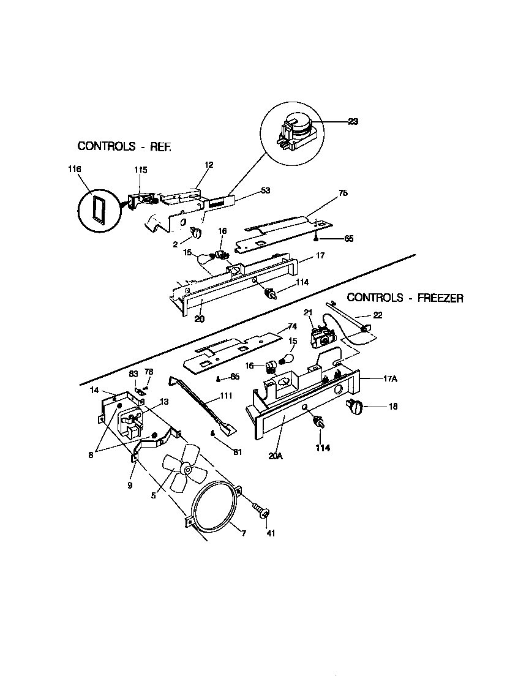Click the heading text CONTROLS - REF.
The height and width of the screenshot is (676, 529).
pyautogui.click(x=124, y=146)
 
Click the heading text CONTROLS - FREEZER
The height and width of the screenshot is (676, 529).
pyautogui.click(x=405, y=298)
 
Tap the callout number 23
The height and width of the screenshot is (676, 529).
pyautogui.click(x=353, y=122)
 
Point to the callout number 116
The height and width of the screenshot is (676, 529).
pyautogui.click(x=74, y=168)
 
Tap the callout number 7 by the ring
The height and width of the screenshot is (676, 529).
pyautogui.click(x=242, y=533)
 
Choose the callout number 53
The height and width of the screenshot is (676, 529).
pyautogui.click(x=265, y=190)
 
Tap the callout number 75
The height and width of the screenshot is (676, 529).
pyautogui.click(x=343, y=193)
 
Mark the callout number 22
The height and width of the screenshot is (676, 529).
pyautogui.click(x=377, y=315)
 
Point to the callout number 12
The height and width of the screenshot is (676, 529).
pyautogui.click(x=209, y=165)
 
